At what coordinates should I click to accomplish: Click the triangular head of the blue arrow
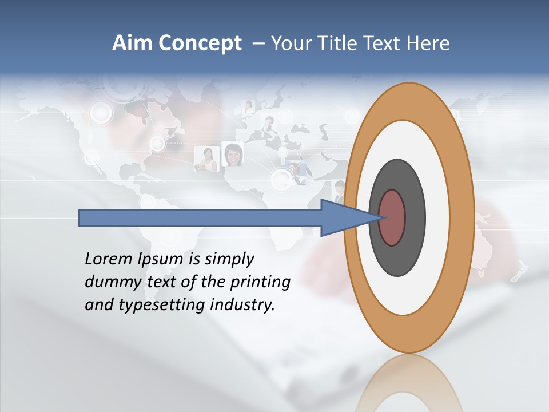(343, 218)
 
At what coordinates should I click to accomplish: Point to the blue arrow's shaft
(200, 218)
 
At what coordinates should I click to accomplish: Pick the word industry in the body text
(242, 305)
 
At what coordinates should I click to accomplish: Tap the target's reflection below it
(409, 383)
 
